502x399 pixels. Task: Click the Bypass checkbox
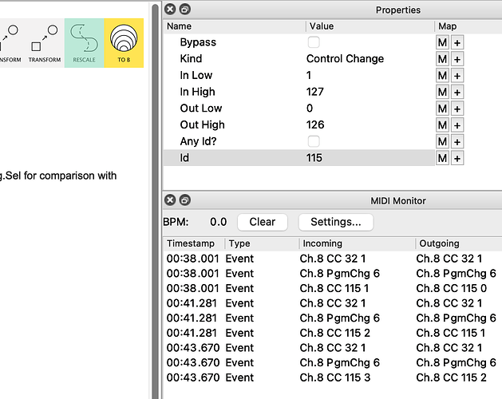pos(314,42)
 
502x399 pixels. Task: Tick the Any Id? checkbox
pos(314,141)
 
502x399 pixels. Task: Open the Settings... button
pos(336,222)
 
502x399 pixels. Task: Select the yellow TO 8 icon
pos(124,43)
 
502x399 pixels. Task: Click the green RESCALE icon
pos(85,43)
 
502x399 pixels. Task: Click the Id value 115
pos(314,158)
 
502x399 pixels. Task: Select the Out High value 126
pos(315,125)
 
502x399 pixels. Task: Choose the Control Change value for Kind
pos(345,59)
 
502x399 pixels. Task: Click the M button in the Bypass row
pos(442,42)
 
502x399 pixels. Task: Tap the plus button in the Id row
pos(457,158)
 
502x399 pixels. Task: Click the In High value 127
pos(315,92)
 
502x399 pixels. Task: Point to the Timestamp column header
pos(191,243)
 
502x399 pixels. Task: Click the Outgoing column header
pos(439,243)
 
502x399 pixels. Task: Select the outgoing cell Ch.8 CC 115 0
pos(452,288)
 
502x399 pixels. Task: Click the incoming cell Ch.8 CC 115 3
pos(335,377)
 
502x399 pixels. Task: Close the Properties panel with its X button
pos(170,10)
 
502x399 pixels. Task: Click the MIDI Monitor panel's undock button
pos(184,200)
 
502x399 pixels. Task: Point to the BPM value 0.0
pos(219,222)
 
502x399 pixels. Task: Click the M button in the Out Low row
pos(442,109)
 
